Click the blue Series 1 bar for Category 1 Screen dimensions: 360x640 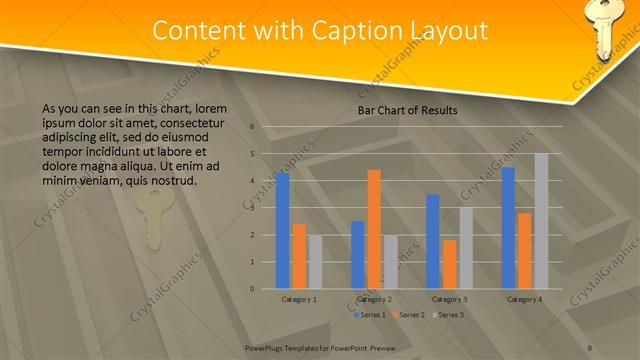pyautogui.click(x=282, y=230)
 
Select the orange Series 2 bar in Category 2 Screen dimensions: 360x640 pyautogui.click(x=374, y=229)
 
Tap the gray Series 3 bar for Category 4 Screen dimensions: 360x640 pyautogui.click(x=541, y=221)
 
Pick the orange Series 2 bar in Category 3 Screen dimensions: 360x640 pyautogui.click(x=449, y=264)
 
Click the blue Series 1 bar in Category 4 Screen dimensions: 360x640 pyautogui.click(x=508, y=228)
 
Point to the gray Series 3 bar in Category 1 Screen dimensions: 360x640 pyautogui.click(x=315, y=262)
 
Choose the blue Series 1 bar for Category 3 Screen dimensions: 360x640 pyautogui.click(x=432, y=241)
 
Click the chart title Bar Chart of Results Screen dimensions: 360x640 pyautogui.click(x=407, y=110)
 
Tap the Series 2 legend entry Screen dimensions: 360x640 pyautogui.click(x=409, y=315)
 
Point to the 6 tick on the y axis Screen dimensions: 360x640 pyautogui.click(x=252, y=127)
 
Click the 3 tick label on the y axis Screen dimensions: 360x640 pyautogui.click(x=252, y=208)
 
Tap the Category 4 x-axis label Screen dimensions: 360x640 pyautogui.click(x=524, y=299)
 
